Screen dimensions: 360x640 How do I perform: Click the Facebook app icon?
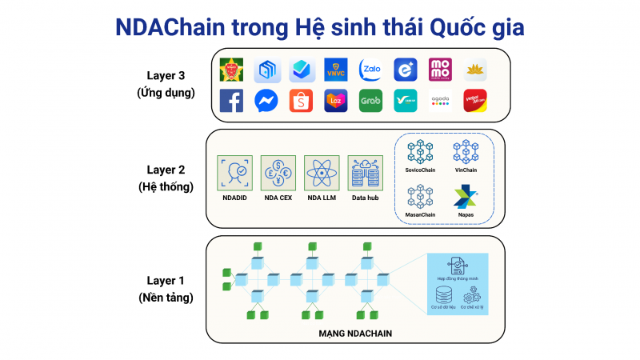tap(231, 101)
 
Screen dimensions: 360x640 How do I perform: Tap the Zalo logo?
tap(370, 70)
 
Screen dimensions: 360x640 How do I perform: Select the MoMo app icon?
tap(441, 70)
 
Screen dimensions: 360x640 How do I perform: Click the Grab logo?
tap(370, 101)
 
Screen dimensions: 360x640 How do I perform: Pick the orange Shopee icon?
tap(301, 101)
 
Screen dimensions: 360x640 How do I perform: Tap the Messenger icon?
tap(266, 101)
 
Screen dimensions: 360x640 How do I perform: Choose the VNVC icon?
tap(336, 70)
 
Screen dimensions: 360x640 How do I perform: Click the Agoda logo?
tap(441, 101)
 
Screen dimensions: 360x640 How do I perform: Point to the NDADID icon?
tap(234, 173)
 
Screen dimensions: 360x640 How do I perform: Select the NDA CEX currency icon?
tap(278, 173)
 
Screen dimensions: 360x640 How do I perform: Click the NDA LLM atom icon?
tap(322, 173)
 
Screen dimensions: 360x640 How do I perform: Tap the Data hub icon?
tap(365, 173)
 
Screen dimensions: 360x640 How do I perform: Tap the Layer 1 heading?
tap(166, 281)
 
